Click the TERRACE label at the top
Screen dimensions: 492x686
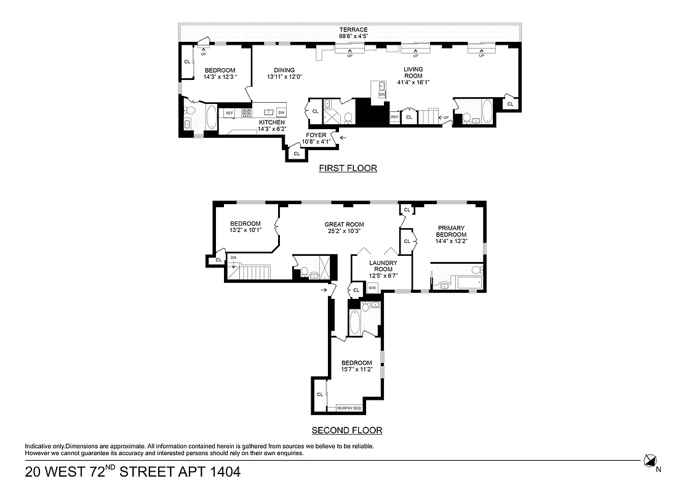[353, 30]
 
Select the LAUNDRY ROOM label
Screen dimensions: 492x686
[380, 265]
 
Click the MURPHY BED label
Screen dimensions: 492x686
[349, 408]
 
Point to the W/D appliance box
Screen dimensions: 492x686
[372, 288]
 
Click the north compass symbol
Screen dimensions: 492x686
[650, 460]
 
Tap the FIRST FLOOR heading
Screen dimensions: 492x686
[348, 168]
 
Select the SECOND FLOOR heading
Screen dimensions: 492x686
[346, 430]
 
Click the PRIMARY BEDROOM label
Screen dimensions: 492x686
[451, 231]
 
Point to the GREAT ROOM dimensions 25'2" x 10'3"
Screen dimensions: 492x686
[344, 231]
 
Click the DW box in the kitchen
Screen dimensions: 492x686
[281, 113]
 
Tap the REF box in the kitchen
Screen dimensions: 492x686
[229, 113]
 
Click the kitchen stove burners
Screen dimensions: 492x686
[246, 113]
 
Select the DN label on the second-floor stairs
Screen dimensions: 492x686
[233, 257]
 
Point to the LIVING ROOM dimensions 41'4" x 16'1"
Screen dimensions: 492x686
[413, 82]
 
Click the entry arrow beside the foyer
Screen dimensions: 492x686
[343, 138]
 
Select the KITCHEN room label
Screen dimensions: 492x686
[271, 122]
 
